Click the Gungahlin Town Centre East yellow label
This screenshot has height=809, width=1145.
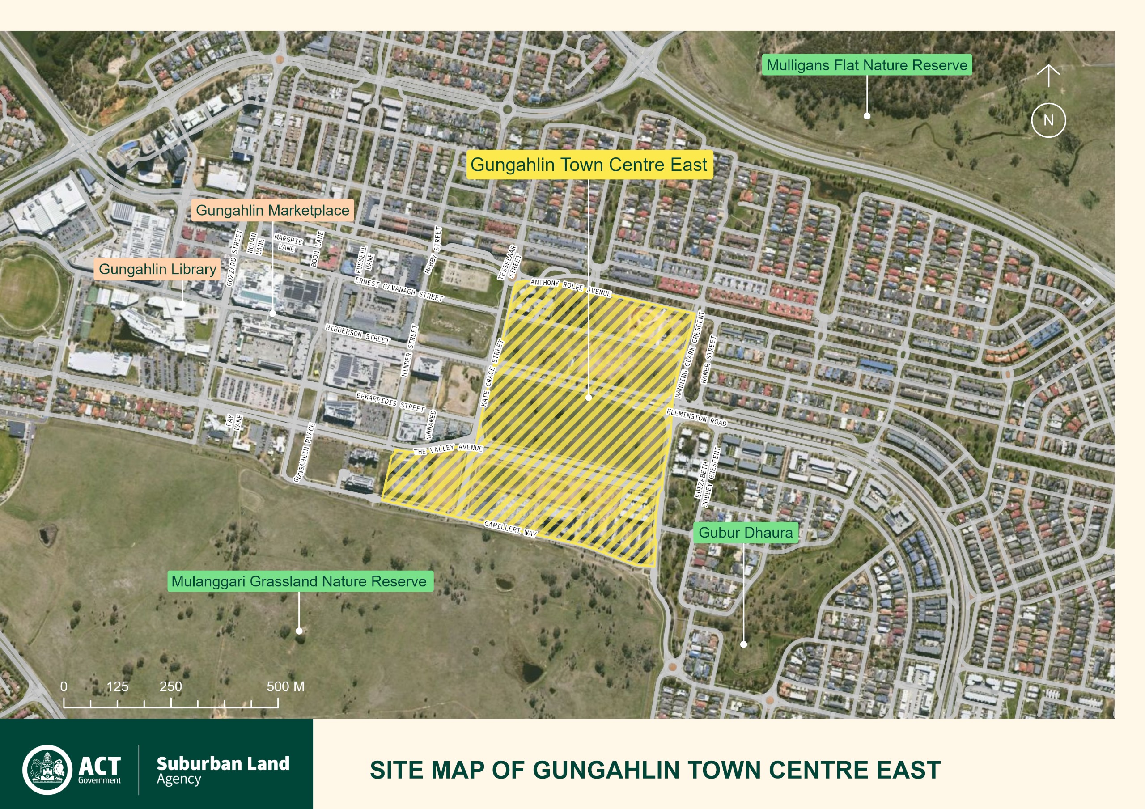pyautogui.click(x=589, y=165)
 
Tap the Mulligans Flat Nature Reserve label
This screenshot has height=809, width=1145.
pyautogui.click(x=866, y=65)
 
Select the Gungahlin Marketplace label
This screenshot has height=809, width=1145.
pyautogui.click(x=272, y=210)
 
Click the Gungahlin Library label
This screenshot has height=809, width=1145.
pyautogui.click(x=157, y=269)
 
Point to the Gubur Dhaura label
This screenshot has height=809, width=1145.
pyautogui.click(x=745, y=532)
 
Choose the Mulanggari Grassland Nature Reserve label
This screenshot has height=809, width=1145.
pyautogui.click(x=299, y=581)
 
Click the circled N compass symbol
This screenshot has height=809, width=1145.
pyautogui.click(x=1048, y=120)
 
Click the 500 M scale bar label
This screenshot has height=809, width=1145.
pyautogui.click(x=285, y=686)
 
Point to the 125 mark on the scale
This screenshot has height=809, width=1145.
pyautogui.click(x=118, y=686)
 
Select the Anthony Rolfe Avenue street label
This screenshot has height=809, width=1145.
pyautogui.click(x=571, y=287)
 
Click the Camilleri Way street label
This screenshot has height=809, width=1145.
pyautogui.click(x=510, y=529)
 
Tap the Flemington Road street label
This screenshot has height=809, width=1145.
pyautogui.click(x=696, y=417)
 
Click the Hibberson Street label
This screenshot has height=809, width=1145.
pyautogui.click(x=357, y=334)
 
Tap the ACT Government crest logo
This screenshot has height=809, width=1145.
pyautogui.click(x=47, y=770)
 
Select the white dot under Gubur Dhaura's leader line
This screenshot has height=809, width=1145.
pyautogui.click(x=743, y=644)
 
